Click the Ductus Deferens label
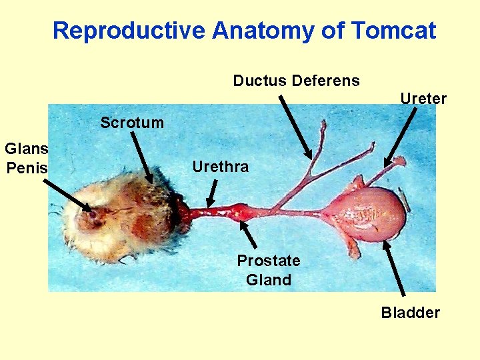click(x=296, y=81)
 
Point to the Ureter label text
click(x=423, y=99)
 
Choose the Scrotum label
click(x=132, y=123)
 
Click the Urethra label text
click(x=220, y=167)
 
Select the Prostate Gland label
click(x=269, y=270)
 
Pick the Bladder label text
click(x=411, y=313)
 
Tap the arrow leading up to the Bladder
click(x=395, y=267)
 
